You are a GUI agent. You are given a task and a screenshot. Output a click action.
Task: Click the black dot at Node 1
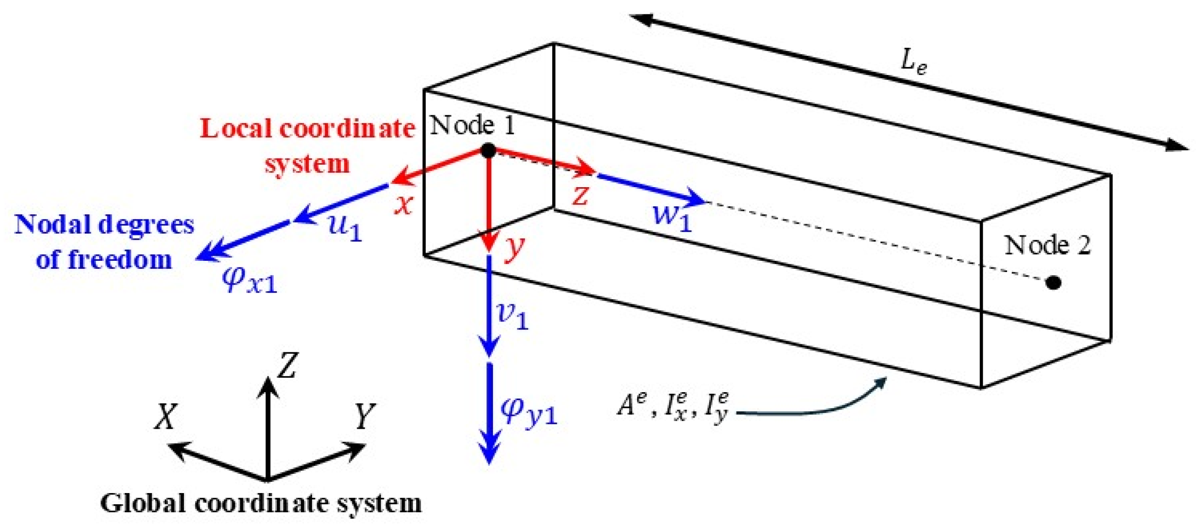click(488, 151)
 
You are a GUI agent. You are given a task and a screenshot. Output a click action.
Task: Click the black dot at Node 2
click(1053, 282)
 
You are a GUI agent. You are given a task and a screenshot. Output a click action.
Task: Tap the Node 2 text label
click(1047, 245)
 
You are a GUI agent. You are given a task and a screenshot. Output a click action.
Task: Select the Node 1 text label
click(472, 125)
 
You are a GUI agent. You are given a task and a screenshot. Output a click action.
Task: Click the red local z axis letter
click(580, 195)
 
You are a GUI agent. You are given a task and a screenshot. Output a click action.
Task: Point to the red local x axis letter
click(404, 203)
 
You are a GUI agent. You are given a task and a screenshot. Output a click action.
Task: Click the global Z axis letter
click(287, 365)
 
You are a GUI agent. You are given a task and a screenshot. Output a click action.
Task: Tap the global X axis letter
click(166, 416)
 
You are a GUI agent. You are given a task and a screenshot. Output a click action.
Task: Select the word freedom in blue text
click(120, 260)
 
